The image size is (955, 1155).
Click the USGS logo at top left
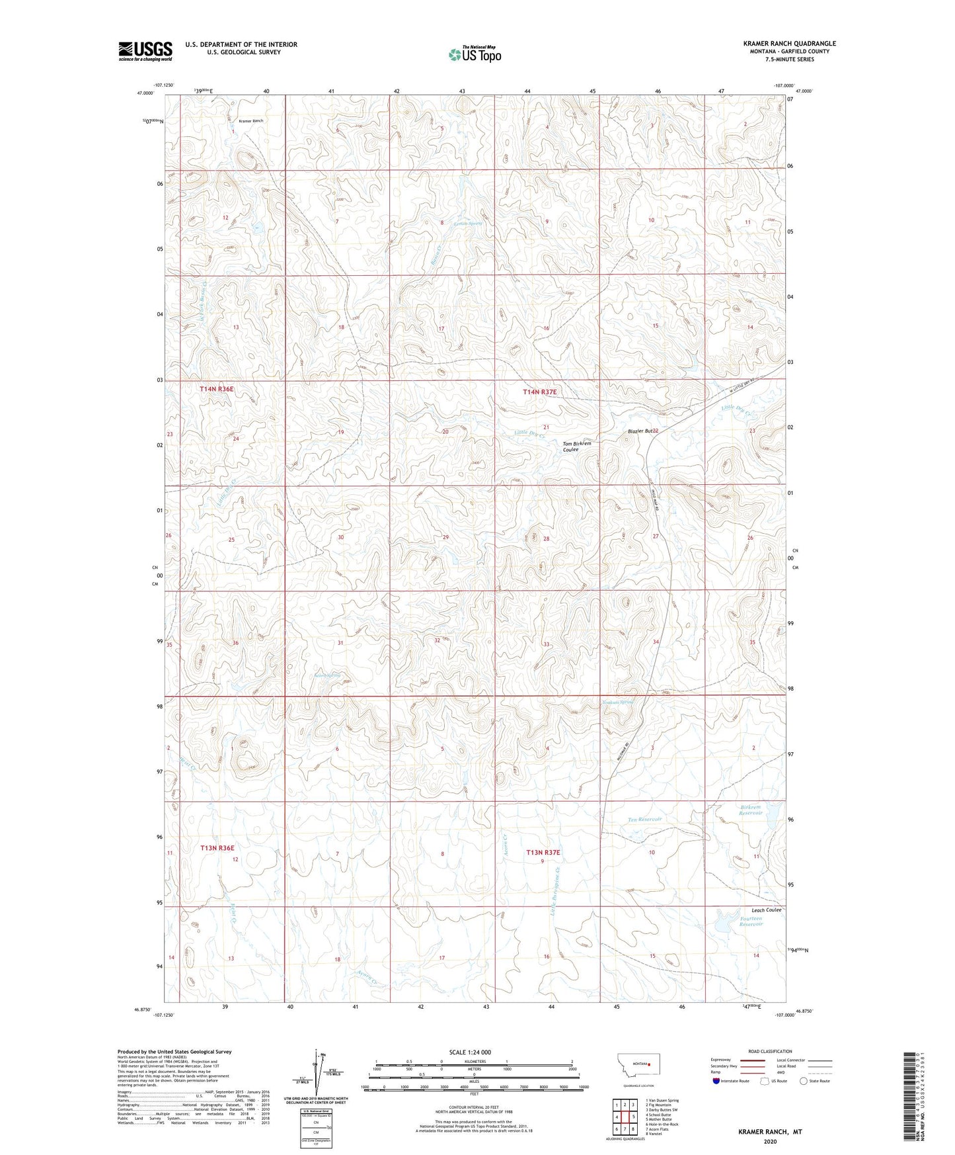(x=145, y=51)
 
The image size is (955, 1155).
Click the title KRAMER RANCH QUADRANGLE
(x=789, y=44)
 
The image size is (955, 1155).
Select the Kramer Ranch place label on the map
(x=250, y=121)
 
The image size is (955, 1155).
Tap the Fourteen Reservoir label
(x=751, y=921)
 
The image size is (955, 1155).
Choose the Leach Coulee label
(x=766, y=910)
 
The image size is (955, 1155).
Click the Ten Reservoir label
(x=644, y=820)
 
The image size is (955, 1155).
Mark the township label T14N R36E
(x=217, y=390)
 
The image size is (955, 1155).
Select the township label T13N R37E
(x=543, y=853)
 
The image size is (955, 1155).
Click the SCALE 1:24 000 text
(x=470, y=1052)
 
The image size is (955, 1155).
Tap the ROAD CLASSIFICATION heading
(x=770, y=1051)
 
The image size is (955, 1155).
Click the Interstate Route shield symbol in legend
(x=716, y=1081)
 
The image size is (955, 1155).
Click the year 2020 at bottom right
(x=770, y=1141)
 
